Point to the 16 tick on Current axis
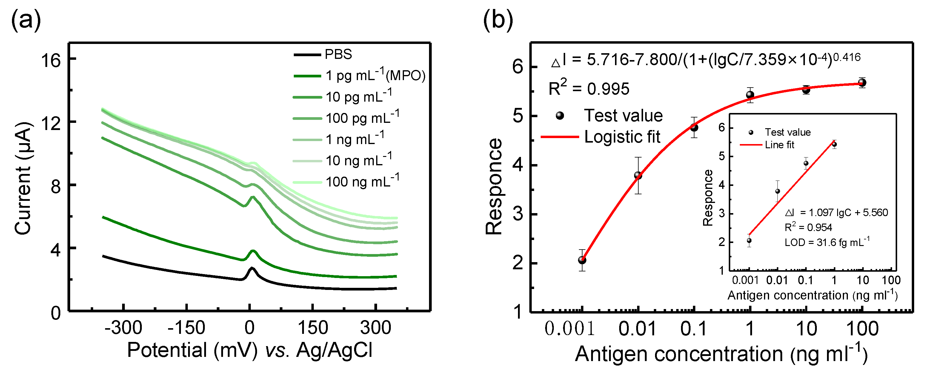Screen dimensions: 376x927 pos(51,60)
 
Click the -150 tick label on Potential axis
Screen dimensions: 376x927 pos(186,328)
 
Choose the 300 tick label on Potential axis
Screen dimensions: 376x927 pos(375,328)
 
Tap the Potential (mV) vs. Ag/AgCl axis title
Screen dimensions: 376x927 pos(249,350)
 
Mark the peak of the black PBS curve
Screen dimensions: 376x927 pos(252,268)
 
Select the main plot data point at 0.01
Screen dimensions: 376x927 pos(638,176)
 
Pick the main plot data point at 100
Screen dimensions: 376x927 pos(862,83)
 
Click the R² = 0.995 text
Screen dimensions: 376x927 pos(589,88)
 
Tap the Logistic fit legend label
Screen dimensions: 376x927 pos(622,137)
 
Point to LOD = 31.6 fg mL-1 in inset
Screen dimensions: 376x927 pos(827,242)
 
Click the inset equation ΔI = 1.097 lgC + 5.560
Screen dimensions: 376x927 pos(836,213)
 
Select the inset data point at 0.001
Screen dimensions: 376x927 pos(749,241)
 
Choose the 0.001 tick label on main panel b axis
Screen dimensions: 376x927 pos(569,328)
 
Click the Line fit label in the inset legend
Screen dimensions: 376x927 pos(779,145)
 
